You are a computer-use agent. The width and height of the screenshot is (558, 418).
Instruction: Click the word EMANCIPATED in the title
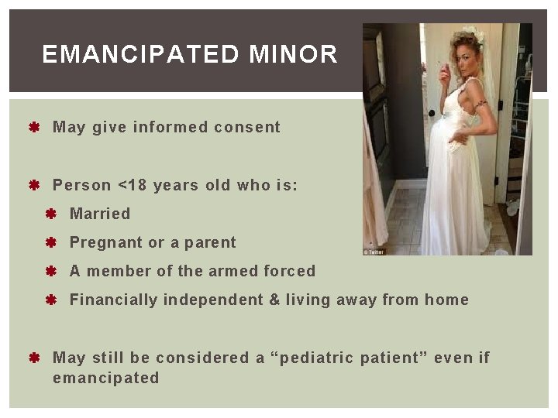click(x=141, y=54)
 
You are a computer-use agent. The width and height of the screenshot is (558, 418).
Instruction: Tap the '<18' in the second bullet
click(x=132, y=185)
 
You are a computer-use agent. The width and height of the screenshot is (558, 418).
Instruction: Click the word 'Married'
click(x=100, y=214)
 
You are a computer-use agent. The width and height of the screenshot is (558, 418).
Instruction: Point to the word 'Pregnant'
click(x=105, y=242)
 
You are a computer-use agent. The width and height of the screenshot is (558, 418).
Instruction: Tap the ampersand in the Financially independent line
click(x=274, y=300)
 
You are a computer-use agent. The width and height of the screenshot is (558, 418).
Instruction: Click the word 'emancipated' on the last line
click(x=105, y=378)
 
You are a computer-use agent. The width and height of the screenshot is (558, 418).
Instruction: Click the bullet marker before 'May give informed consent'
click(x=34, y=127)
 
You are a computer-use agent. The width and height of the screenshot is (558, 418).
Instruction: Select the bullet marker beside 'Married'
click(x=52, y=214)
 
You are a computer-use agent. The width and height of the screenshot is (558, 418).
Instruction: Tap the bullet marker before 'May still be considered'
click(x=34, y=358)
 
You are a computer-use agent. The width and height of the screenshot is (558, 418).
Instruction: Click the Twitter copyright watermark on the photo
click(x=374, y=252)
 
